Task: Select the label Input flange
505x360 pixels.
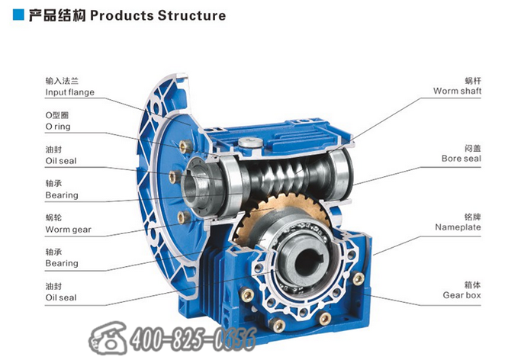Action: (x=69, y=92)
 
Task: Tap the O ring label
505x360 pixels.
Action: (x=58, y=127)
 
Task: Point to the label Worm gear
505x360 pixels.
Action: (x=68, y=229)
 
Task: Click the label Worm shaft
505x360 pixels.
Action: (x=457, y=91)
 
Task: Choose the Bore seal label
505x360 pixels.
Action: (x=462, y=159)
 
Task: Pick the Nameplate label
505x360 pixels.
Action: (x=458, y=227)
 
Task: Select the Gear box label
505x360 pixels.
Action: (x=461, y=294)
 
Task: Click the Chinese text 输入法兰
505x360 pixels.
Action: (x=61, y=80)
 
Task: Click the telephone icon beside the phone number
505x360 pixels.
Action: (x=109, y=338)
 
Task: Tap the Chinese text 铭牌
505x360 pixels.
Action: (x=473, y=216)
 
